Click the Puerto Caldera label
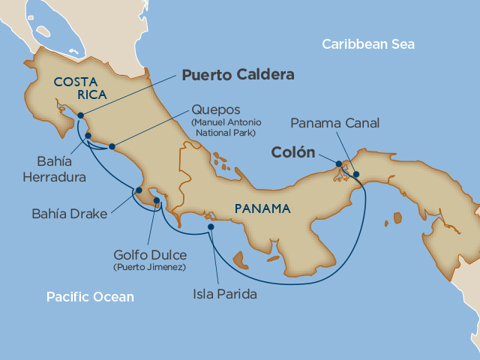click(238, 75)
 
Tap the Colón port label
click(292, 152)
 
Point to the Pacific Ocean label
click(90, 297)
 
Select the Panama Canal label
click(335, 123)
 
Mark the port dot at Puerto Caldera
click(80, 116)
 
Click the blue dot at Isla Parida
click(211, 226)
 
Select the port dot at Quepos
click(112, 146)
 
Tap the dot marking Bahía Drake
click(138, 190)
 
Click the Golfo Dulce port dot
click(156, 200)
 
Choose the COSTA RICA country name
click(78, 86)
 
